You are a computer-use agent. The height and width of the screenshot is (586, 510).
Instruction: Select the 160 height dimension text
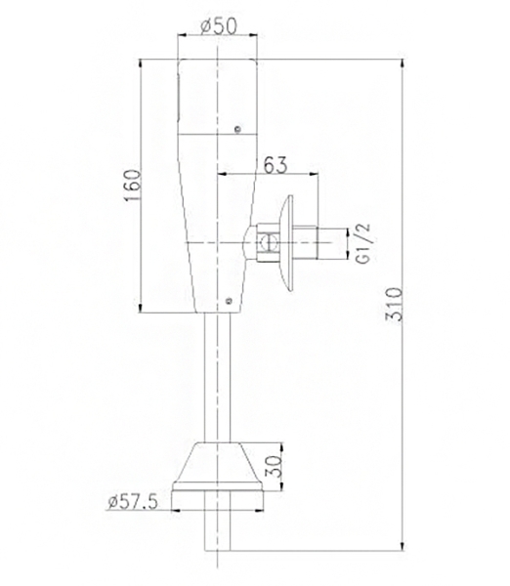[x=133, y=186]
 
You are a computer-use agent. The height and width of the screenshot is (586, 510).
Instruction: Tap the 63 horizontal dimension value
[x=276, y=164]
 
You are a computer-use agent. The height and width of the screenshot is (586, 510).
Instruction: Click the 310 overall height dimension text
[x=394, y=309]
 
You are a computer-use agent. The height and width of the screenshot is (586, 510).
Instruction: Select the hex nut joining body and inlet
[x=265, y=243]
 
